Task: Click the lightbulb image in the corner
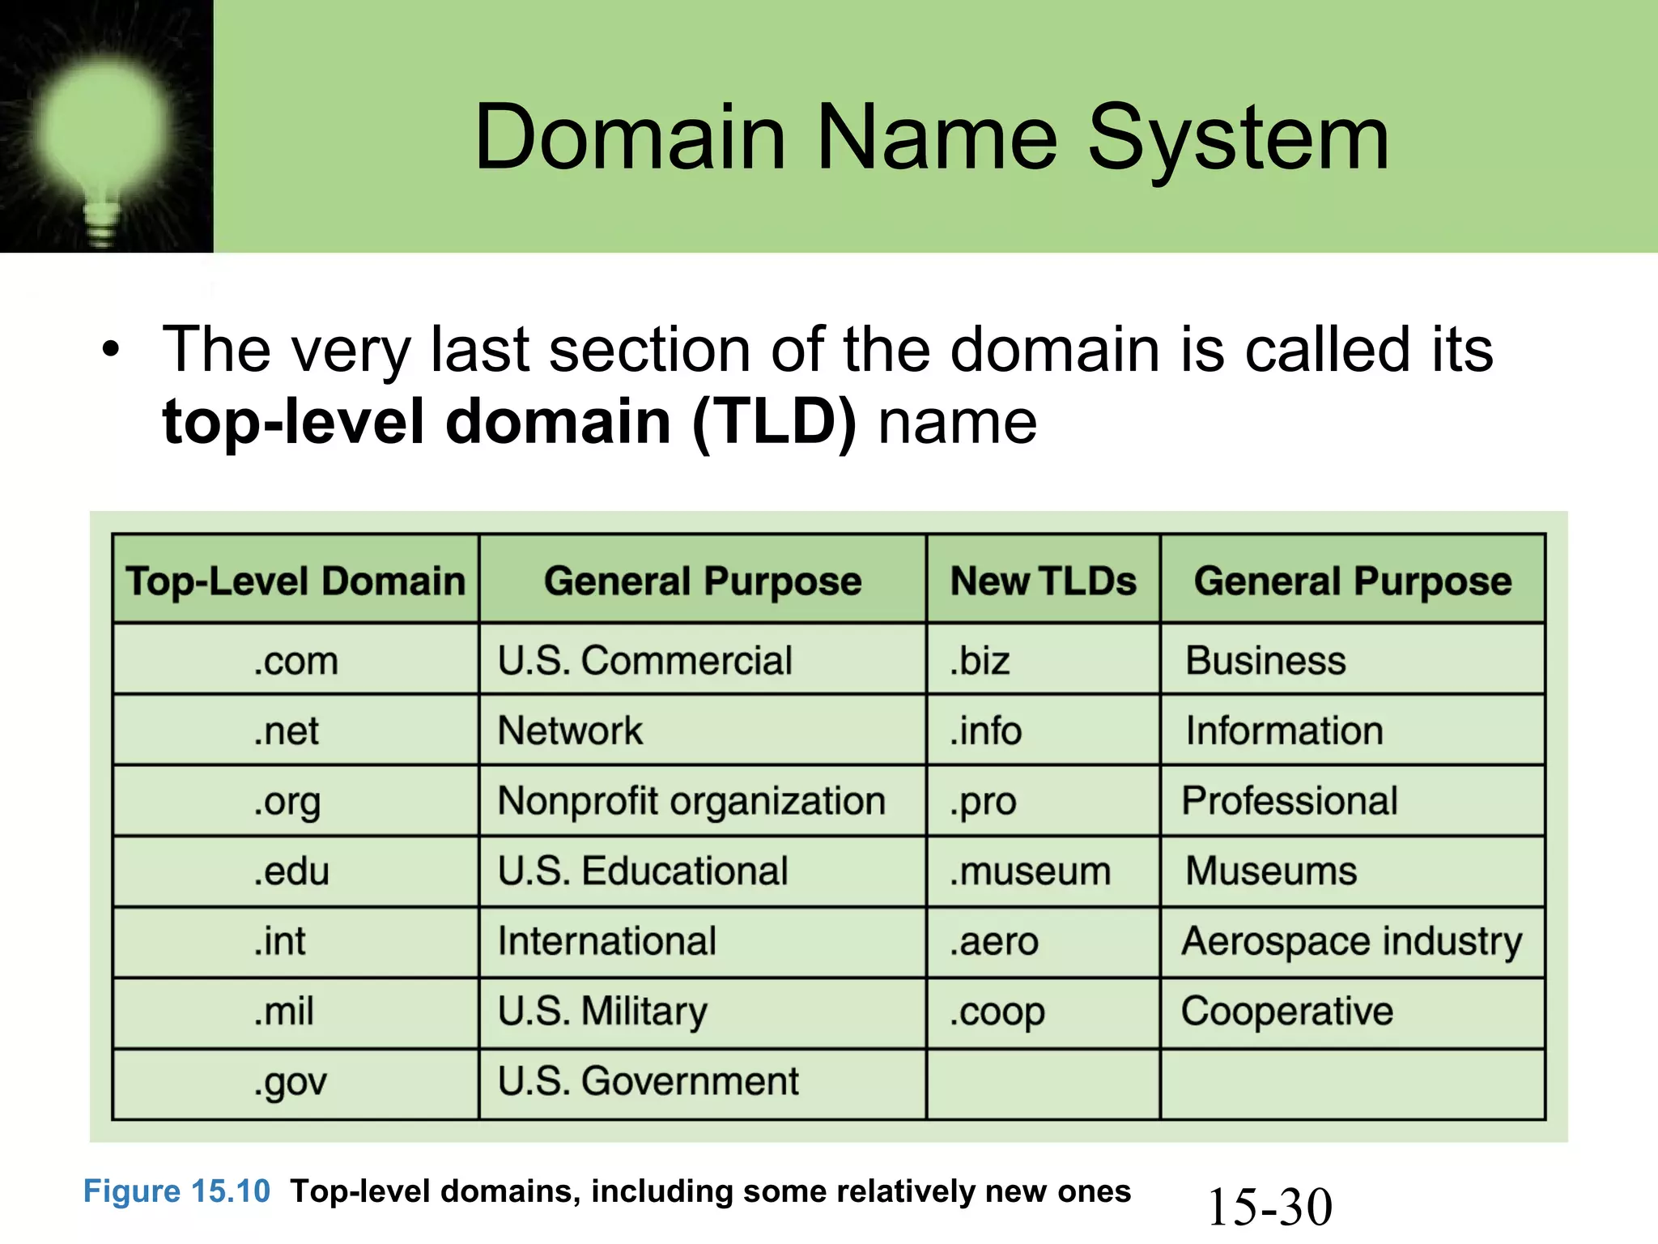(105, 130)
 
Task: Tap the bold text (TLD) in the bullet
(774, 422)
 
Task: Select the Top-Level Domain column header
(295, 581)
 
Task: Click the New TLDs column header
(1043, 581)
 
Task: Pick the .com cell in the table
(295, 660)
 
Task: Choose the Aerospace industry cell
(1351, 942)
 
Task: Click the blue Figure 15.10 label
(176, 1191)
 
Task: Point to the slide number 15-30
(1269, 1207)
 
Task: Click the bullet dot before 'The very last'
(111, 350)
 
